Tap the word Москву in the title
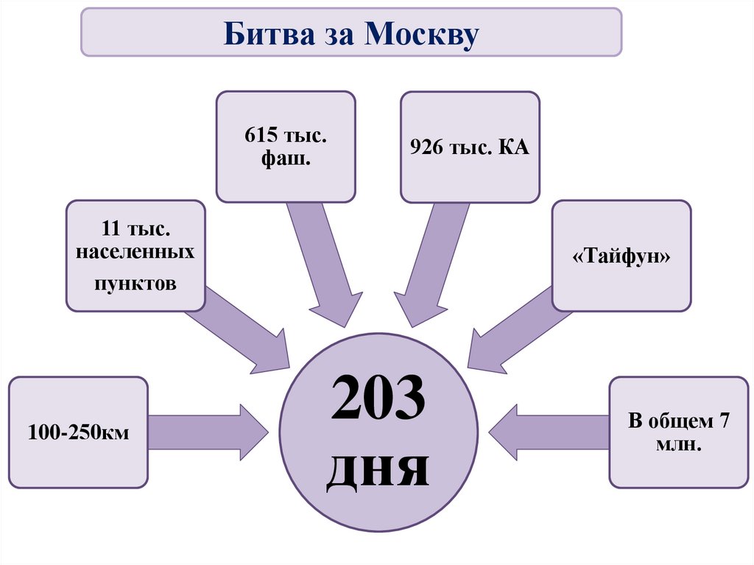(x=422, y=33)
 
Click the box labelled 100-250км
(x=79, y=432)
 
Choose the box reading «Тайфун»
(x=621, y=256)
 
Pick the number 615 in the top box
(x=259, y=137)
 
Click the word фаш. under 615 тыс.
(x=286, y=158)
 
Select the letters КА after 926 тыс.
(x=512, y=147)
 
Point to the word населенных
(x=136, y=253)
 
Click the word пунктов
(x=135, y=282)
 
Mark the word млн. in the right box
(x=678, y=443)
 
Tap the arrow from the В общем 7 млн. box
(x=549, y=432)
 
